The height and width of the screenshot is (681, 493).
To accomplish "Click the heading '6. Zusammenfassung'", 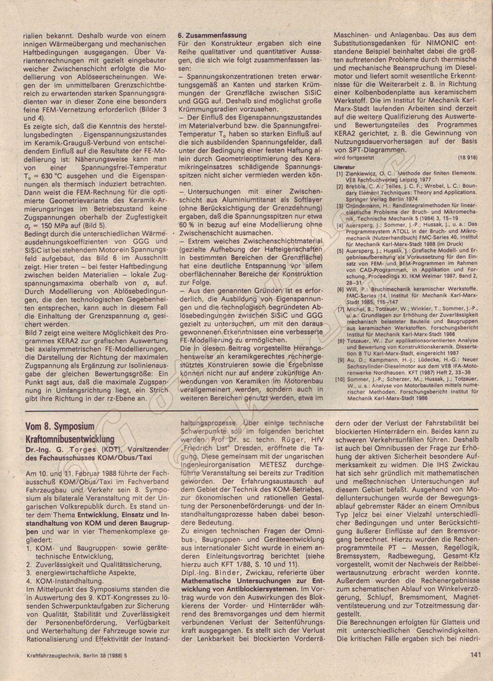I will click(x=212, y=36).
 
